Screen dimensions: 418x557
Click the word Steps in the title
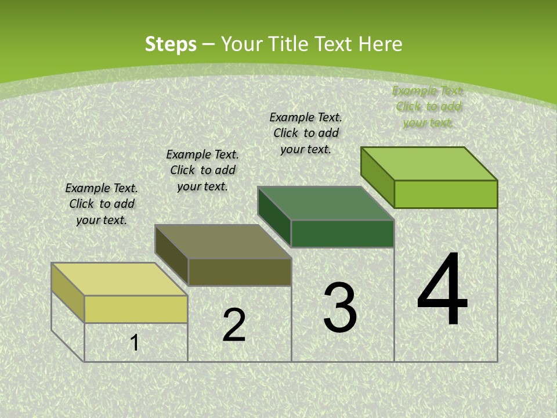[x=171, y=44]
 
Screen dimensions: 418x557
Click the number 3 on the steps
[x=340, y=308]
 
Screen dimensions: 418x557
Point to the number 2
[x=234, y=325]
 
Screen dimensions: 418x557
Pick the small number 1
[x=135, y=343]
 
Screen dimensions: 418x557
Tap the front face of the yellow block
[x=136, y=309]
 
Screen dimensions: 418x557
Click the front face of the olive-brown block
[x=240, y=272]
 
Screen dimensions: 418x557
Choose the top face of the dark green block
[x=325, y=203]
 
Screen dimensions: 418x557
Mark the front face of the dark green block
[x=342, y=233]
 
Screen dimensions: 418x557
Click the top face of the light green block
[x=429, y=164]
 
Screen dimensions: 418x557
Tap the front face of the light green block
[x=446, y=194]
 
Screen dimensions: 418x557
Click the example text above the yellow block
[x=102, y=204]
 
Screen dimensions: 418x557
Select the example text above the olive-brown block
[x=202, y=170]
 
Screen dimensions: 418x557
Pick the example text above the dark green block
[x=306, y=133]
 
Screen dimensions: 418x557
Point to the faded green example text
[x=428, y=106]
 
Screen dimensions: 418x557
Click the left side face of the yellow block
[x=68, y=292]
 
